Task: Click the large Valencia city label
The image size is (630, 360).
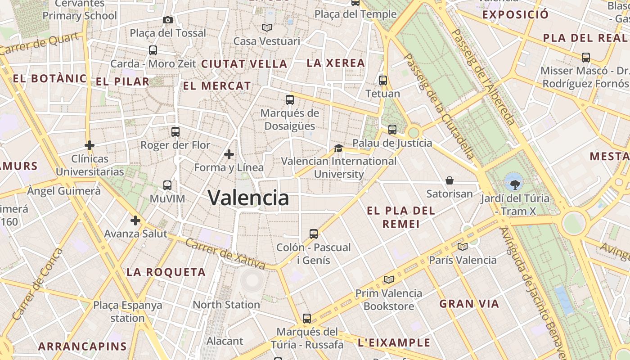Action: coord(248,198)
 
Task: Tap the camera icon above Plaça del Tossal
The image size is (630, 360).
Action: coord(168,20)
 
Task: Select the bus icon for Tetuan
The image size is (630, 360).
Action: coord(383,81)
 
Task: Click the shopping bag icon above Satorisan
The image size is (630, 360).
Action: coord(450,180)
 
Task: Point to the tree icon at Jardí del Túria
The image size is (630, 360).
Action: coord(515,184)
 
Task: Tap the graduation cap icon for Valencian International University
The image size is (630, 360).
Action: coord(338,148)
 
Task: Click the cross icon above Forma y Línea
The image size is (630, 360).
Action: coord(229,154)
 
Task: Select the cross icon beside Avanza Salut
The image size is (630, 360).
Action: coord(135,220)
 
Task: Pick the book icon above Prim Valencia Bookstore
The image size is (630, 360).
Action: coord(389,280)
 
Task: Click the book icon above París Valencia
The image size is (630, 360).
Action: coord(463,247)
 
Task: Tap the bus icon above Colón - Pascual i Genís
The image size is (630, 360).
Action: coord(314,234)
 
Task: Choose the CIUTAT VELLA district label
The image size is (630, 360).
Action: coord(244,64)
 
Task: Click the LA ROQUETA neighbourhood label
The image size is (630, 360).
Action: coord(166,272)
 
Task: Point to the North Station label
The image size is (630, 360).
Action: coord(226,305)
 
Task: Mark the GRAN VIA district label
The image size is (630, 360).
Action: coord(469,304)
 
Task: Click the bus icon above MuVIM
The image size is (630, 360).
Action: coord(167,185)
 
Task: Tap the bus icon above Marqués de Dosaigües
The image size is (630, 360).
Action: coord(290,100)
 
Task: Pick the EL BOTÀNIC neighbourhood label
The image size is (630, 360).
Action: coord(49,79)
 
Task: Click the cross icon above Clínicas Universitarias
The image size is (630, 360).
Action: coord(90,145)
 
